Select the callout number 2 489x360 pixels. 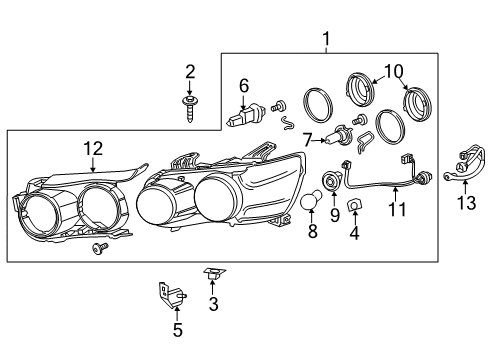[190, 71]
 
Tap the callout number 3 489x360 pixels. [213, 303]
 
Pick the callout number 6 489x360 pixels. [243, 87]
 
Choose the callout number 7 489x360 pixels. [308, 139]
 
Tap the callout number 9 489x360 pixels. [334, 214]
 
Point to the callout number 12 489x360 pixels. [92, 148]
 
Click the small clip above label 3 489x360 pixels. [213, 271]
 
